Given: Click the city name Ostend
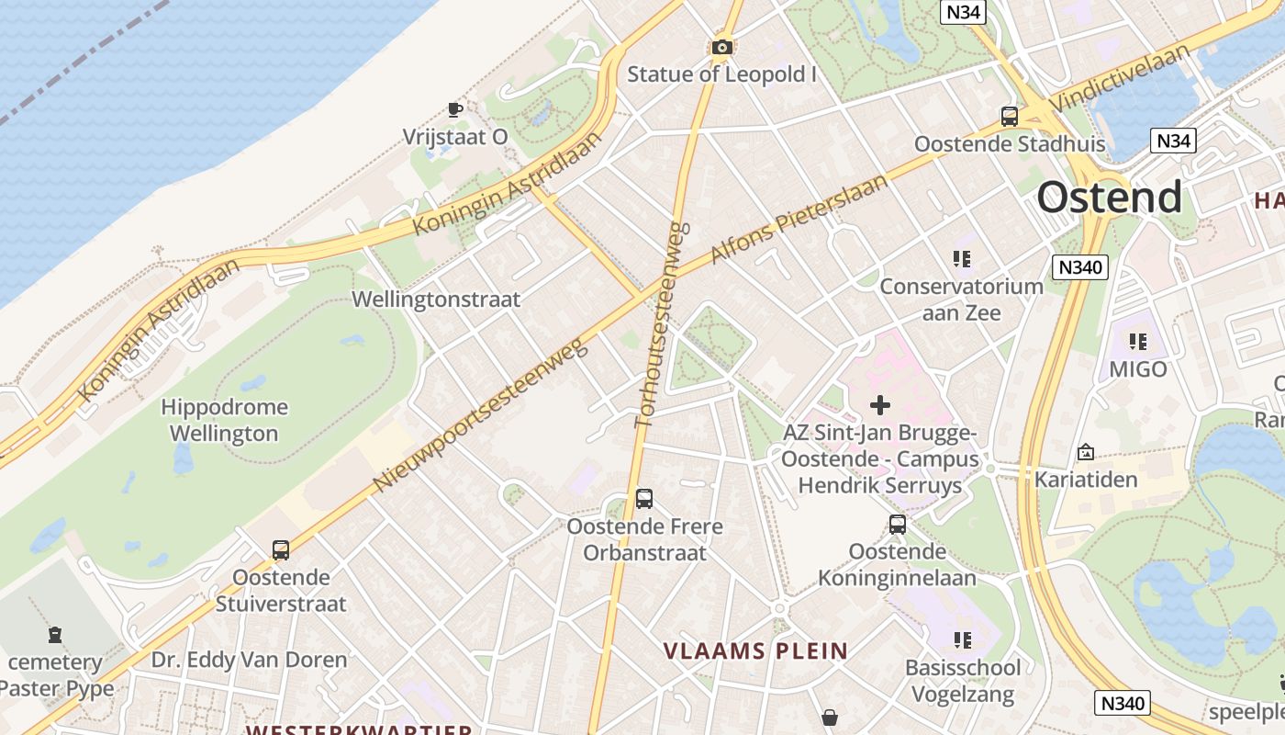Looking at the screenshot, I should click(1110, 198).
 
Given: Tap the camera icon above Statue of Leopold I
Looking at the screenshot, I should click(722, 47).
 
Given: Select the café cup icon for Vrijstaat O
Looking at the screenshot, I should click(454, 110).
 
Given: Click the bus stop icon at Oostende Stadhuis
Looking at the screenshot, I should click(1010, 117).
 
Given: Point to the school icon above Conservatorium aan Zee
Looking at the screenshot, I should click(962, 259).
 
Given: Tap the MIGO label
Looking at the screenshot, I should click(1138, 369).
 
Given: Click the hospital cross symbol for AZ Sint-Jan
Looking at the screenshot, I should click(880, 404).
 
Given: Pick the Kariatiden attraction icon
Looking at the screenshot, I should click(1086, 452).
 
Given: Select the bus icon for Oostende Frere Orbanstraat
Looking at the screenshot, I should click(644, 499).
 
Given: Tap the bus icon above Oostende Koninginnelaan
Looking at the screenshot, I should click(898, 525).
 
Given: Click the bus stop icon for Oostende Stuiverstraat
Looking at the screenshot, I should click(281, 550).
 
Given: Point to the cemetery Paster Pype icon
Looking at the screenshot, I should click(55, 635).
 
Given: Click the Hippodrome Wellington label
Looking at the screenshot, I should click(224, 420).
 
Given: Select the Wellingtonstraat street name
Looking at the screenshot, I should click(436, 300).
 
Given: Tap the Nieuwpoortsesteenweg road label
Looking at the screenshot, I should click(479, 415).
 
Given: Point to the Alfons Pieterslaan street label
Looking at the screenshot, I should click(800, 218).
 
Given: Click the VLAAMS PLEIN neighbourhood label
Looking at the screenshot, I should click(756, 651).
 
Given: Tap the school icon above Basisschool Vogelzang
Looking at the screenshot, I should click(962, 639).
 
